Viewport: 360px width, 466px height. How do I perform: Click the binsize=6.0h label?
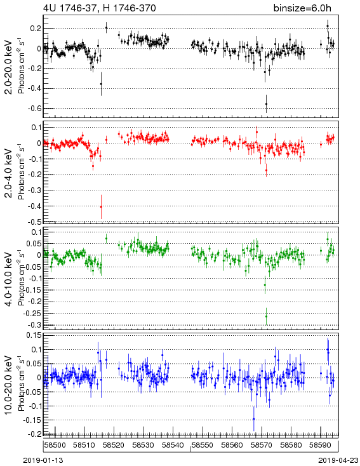pos(302,8)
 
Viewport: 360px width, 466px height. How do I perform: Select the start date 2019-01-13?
pos(43,460)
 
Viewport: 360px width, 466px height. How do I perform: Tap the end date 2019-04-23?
pos(338,460)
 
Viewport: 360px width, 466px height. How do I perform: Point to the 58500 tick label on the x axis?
pos(55,445)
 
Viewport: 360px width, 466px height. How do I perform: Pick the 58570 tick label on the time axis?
pos(262,445)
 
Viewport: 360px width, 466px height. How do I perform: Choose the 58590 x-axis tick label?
pos(321,445)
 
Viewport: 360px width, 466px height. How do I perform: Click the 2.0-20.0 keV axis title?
pos(9,67)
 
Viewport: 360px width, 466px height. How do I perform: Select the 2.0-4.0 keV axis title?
pos(9,173)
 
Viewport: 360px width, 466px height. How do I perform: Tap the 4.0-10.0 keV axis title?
pos(9,279)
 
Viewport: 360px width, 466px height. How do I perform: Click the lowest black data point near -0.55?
pos(266,103)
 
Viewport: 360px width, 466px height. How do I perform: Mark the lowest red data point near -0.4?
pos(101,207)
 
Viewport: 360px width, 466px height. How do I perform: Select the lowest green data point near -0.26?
pos(266,316)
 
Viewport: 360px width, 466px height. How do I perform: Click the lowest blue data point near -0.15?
pos(253,419)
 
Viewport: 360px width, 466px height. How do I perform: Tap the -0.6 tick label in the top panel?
pos(36,109)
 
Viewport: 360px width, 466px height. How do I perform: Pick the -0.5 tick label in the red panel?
pos(36,222)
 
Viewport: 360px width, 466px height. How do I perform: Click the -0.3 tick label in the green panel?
pos(36,325)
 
